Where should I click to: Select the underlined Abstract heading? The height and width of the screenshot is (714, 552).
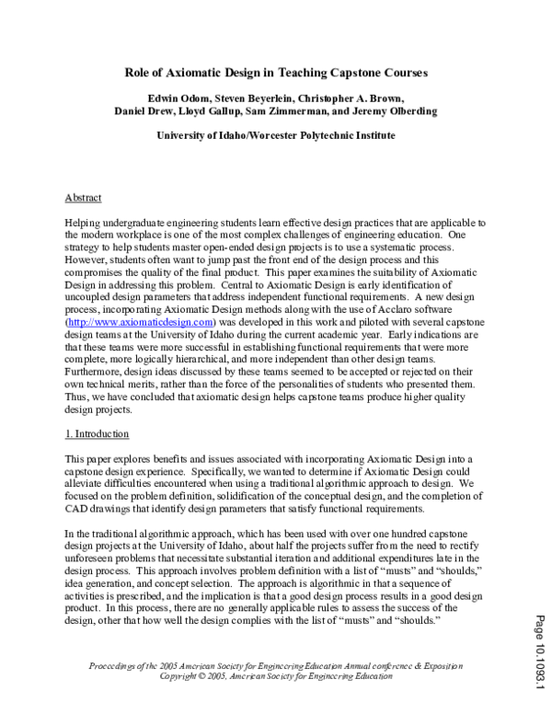83,198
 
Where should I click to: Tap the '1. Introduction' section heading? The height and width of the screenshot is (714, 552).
97,433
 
